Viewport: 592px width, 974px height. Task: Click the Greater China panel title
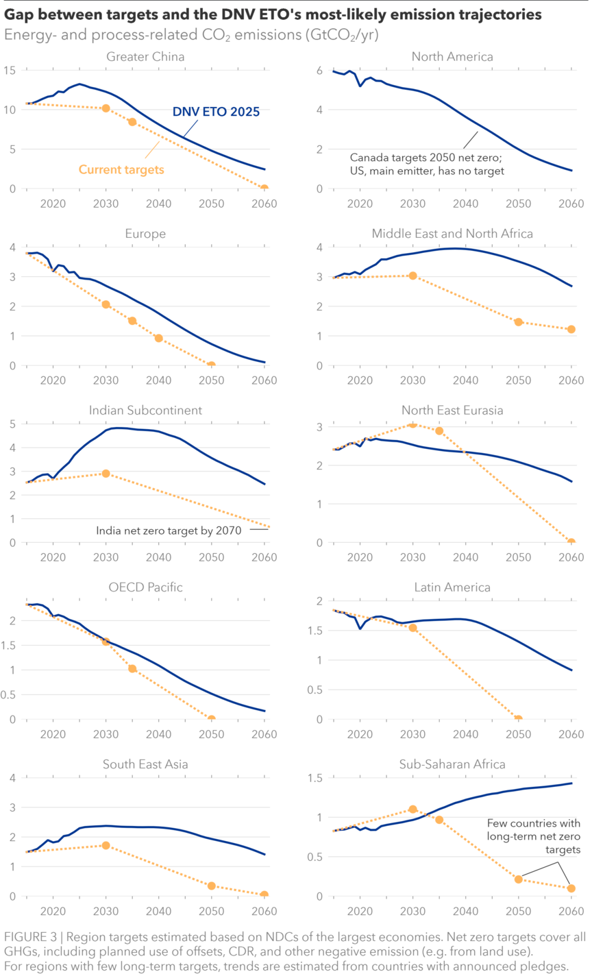145,57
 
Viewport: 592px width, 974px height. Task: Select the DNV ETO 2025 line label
215,111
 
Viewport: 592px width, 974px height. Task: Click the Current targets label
121,169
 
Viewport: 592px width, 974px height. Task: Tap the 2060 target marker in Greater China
264,188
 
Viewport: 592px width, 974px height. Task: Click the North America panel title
452,57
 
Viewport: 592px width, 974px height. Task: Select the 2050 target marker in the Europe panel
211,365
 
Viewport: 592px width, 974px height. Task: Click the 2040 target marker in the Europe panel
158,338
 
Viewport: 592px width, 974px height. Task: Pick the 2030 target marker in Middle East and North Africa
412,276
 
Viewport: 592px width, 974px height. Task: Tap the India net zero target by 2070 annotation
169,530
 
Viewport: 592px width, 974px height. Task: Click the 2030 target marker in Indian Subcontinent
106,474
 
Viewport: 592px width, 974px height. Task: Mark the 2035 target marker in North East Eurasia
439,431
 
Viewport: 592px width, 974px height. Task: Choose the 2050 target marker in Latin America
518,719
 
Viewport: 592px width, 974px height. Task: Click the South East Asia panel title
145,764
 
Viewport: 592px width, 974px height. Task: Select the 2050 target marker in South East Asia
211,886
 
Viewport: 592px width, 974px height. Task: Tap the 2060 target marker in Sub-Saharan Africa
571,888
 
